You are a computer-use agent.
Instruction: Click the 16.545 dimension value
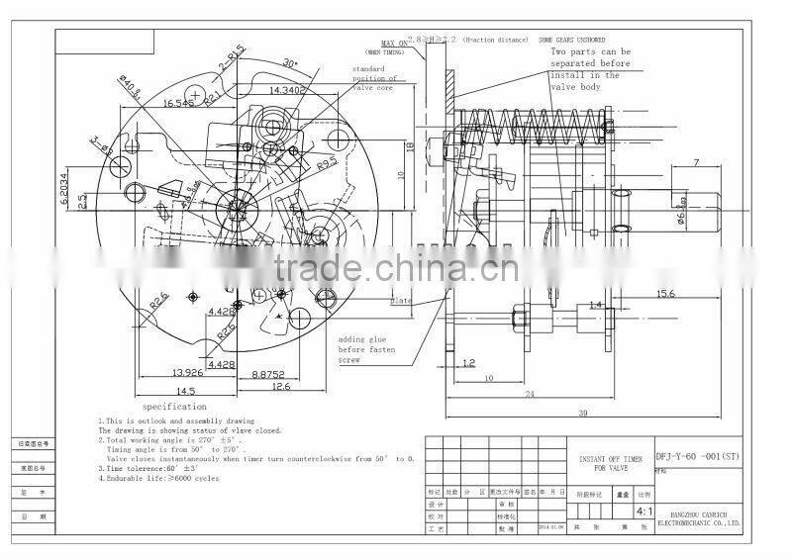click(x=178, y=103)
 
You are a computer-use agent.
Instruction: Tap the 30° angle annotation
click(x=290, y=62)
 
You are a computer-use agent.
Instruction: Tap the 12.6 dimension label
click(x=281, y=387)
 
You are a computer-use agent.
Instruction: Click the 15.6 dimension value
click(x=666, y=293)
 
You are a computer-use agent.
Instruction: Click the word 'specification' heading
click(x=174, y=407)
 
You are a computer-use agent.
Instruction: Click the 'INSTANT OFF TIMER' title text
click(x=610, y=460)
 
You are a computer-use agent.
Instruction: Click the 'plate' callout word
click(x=400, y=301)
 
